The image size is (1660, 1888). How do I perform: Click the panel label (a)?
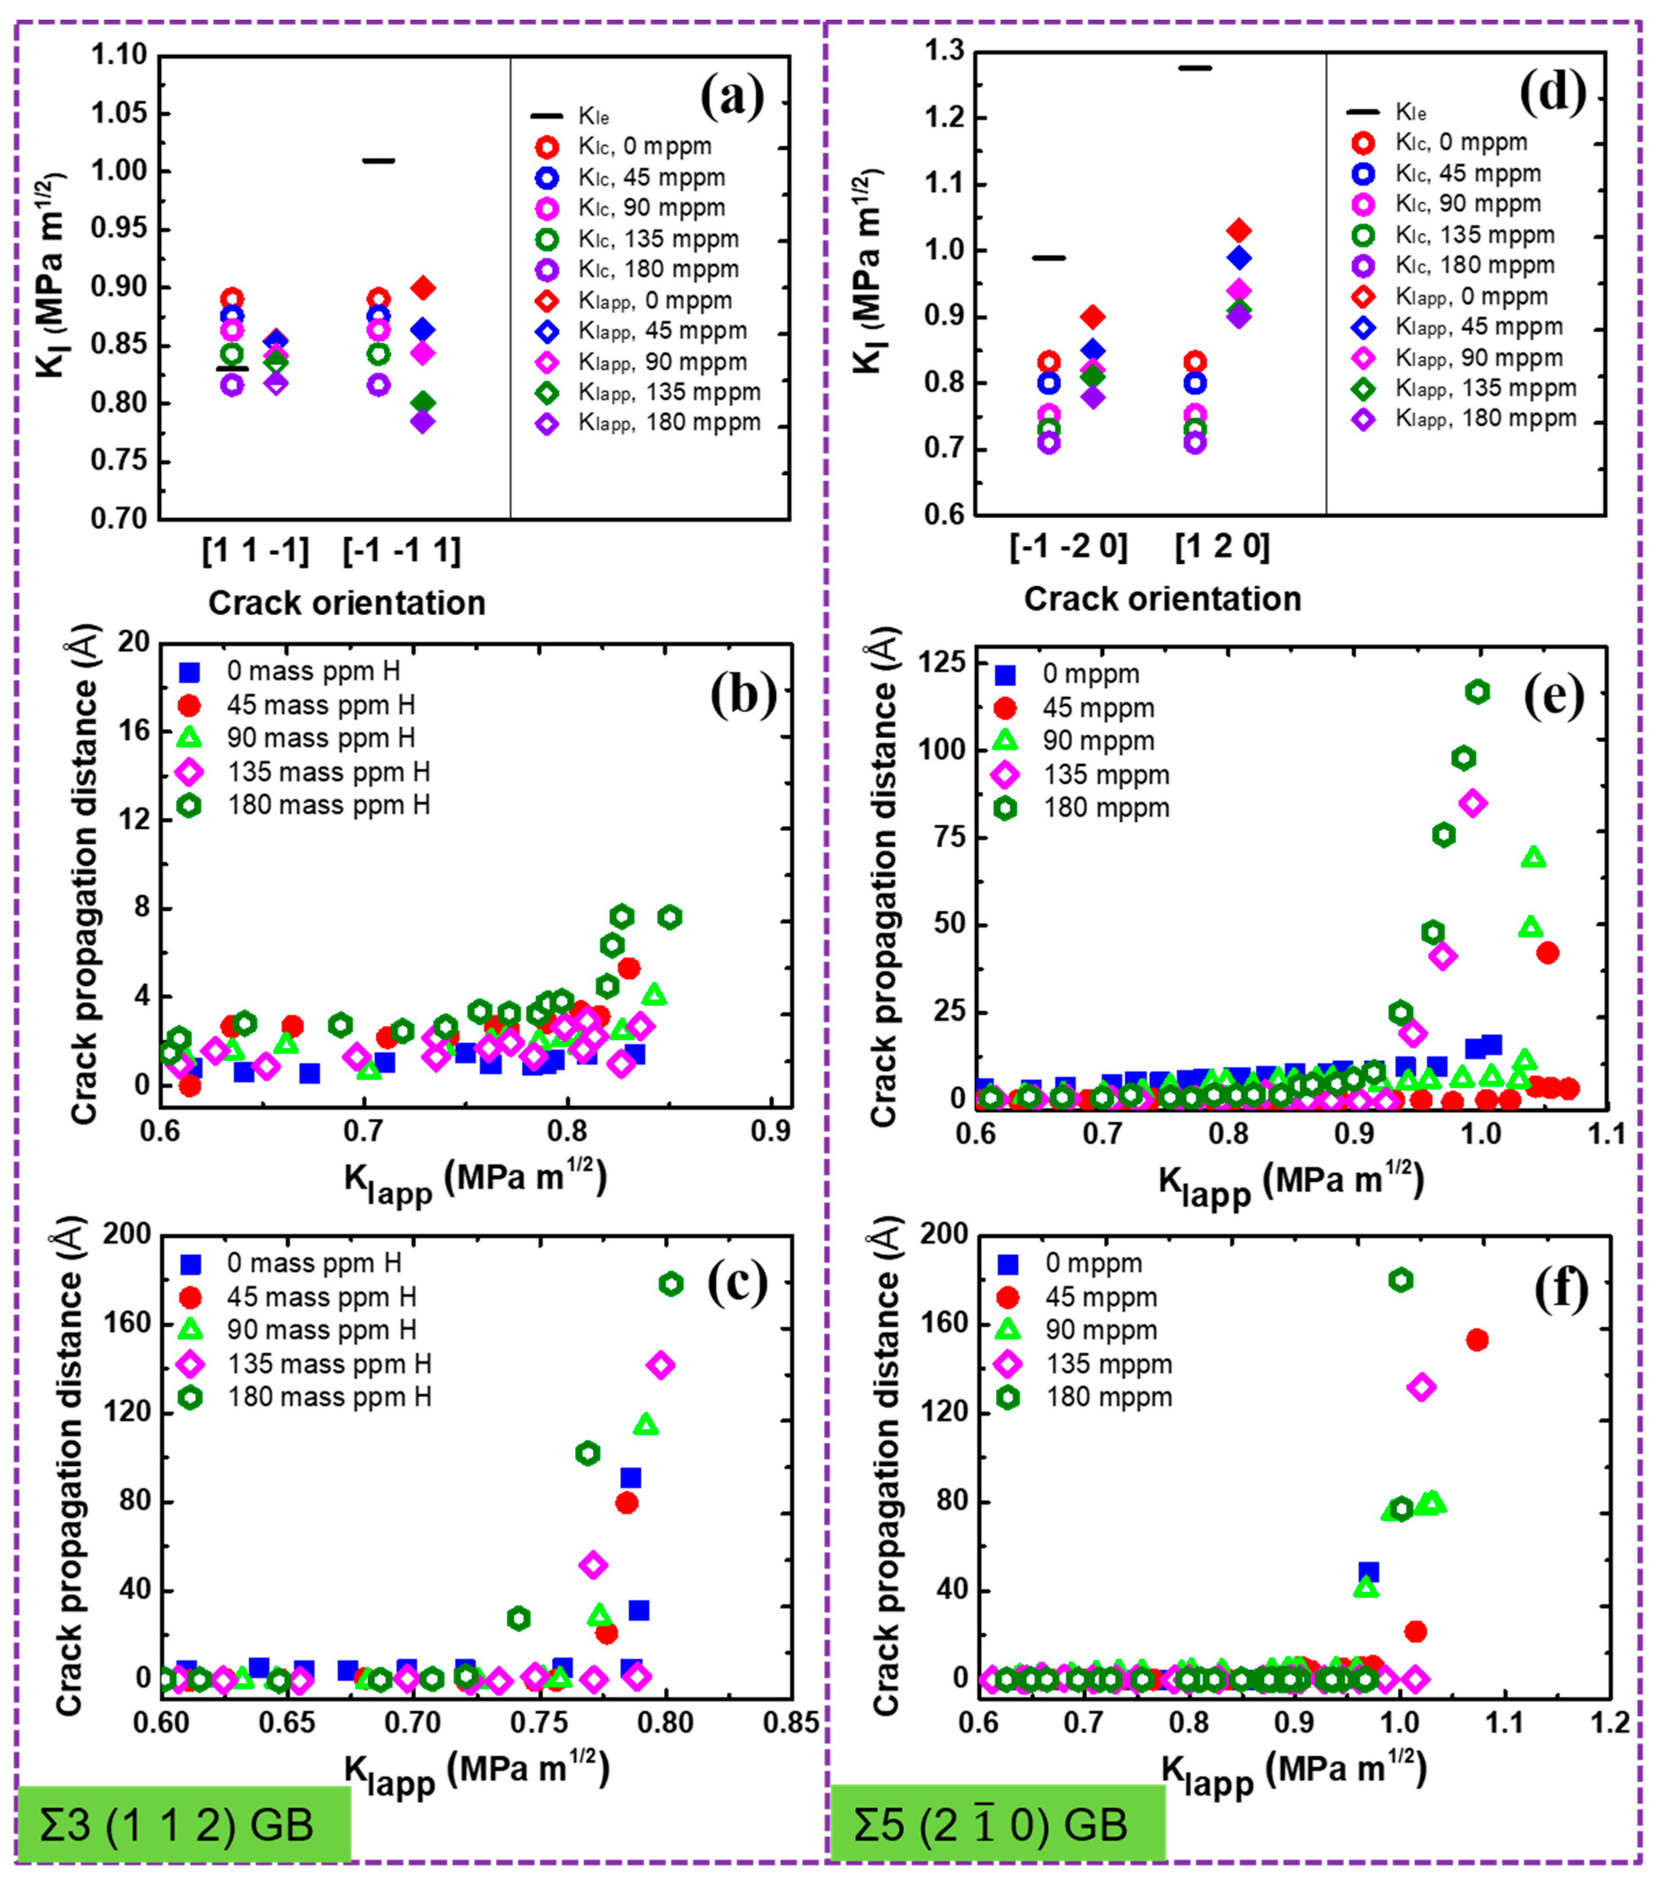[x=731, y=98]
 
